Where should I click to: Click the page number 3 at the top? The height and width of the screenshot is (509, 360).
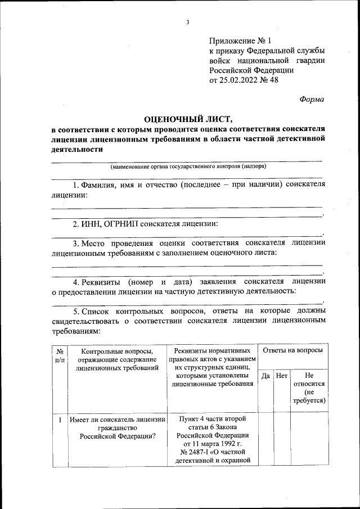[x=188, y=22]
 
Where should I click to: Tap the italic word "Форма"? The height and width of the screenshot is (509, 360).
[x=312, y=99]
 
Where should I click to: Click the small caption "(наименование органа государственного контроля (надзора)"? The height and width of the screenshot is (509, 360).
[x=188, y=166]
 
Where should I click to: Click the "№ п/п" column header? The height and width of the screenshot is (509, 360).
[x=60, y=354]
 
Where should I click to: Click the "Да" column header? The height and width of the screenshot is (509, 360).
[x=265, y=375]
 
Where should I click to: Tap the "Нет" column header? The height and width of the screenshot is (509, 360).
[x=282, y=375]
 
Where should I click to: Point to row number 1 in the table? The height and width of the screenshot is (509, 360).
[x=60, y=419]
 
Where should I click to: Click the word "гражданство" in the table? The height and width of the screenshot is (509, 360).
[x=118, y=428]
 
